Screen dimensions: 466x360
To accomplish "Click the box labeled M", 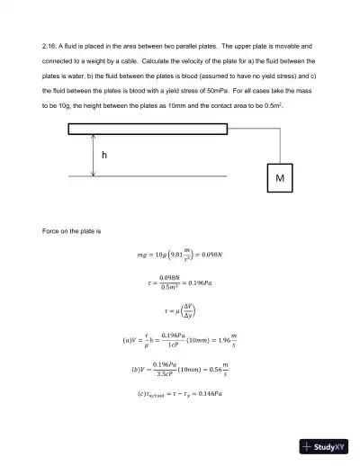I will [x=280, y=179].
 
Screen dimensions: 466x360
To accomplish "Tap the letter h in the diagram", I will [x=104, y=155].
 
